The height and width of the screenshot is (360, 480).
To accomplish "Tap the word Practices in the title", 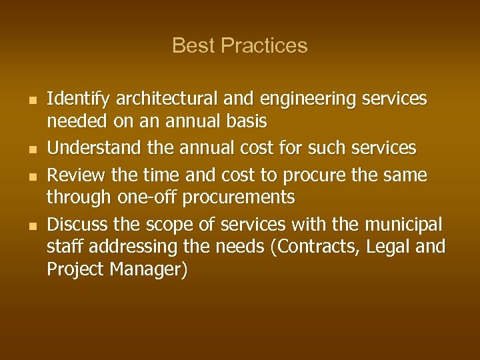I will click(x=264, y=45).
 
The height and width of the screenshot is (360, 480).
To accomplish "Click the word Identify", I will click(x=78, y=99).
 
